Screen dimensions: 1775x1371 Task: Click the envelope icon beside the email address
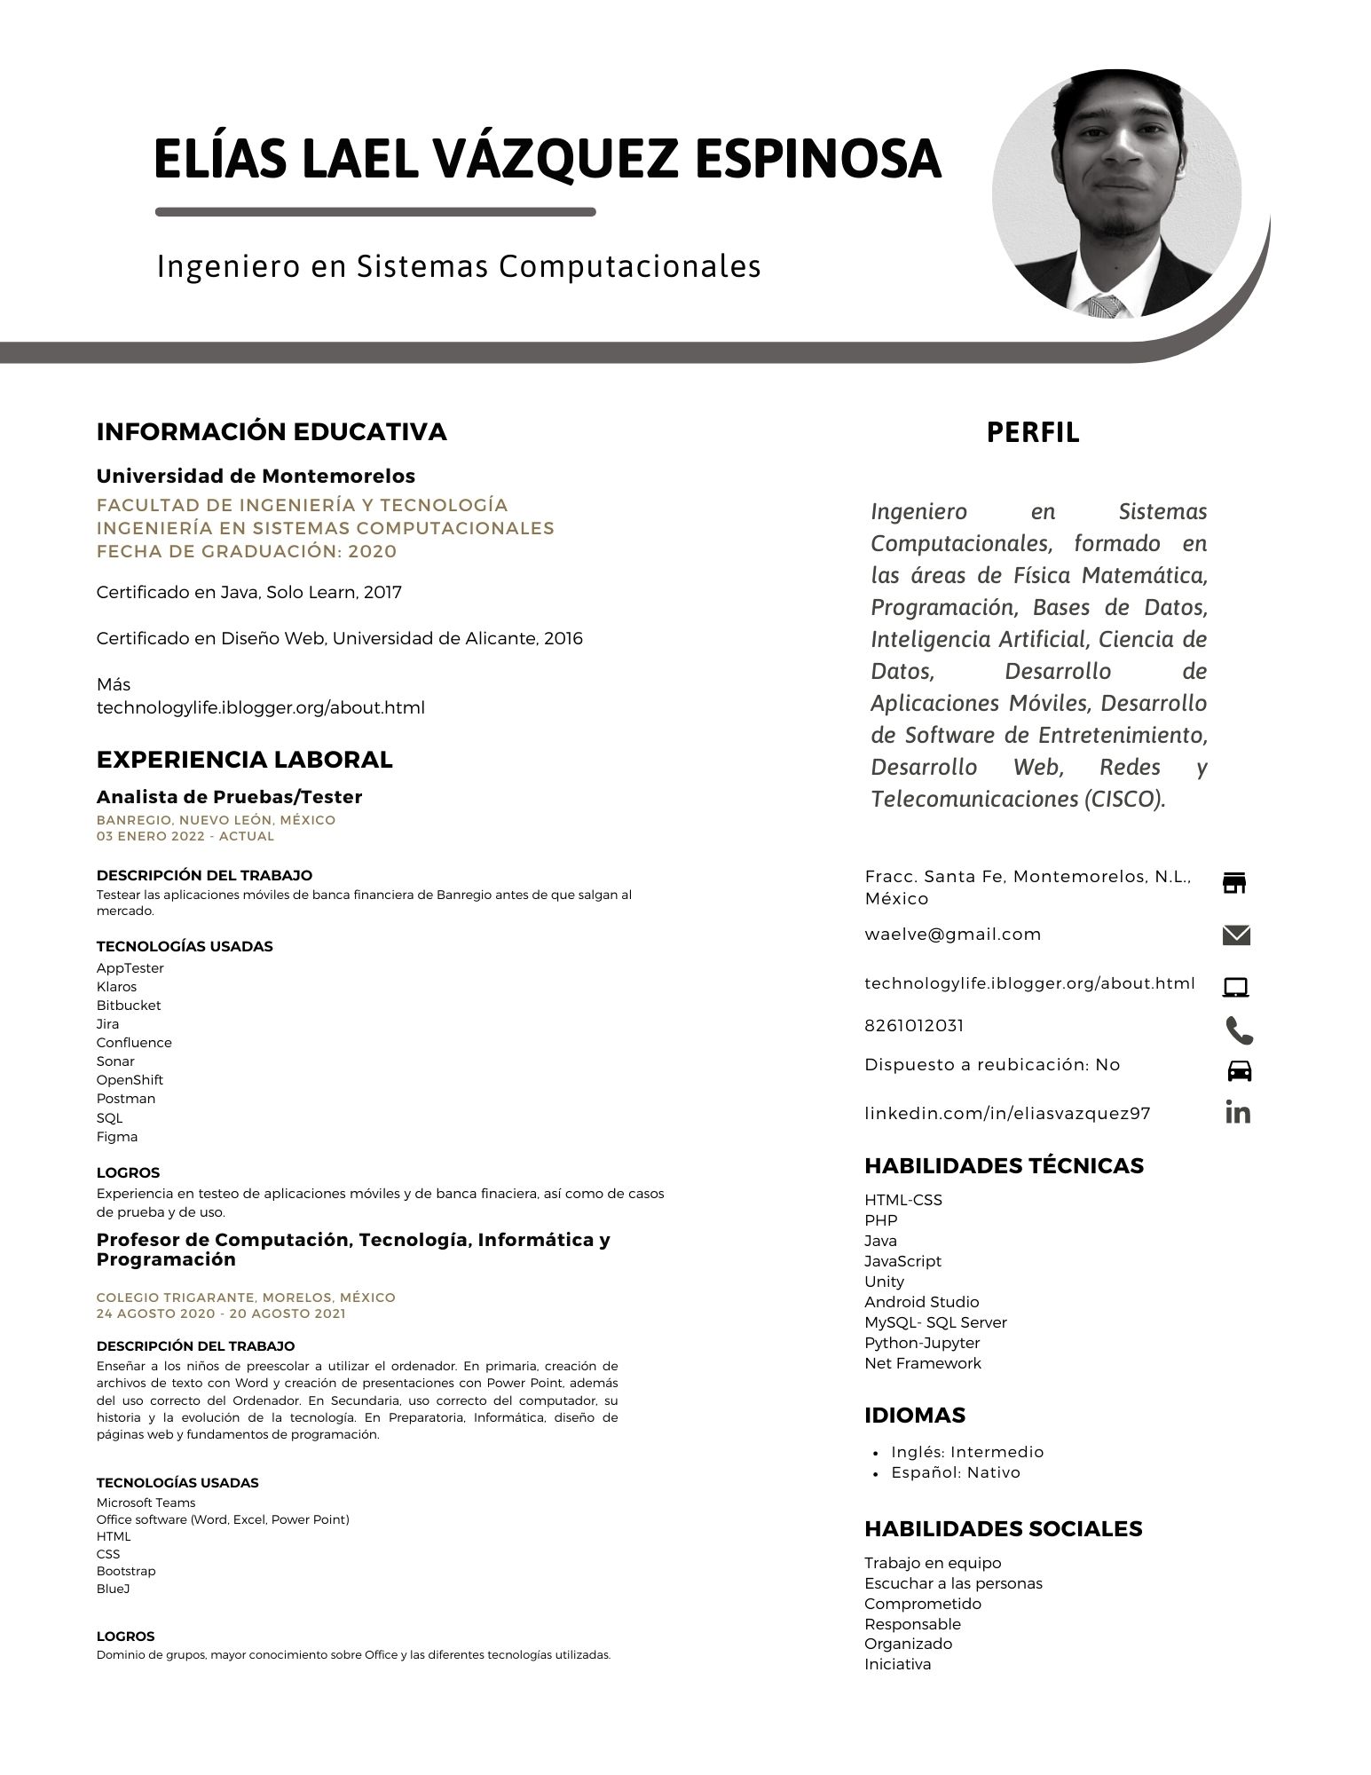pyautogui.click(x=1236, y=935)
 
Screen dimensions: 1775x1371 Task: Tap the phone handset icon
pyautogui.click(x=1239, y=1030)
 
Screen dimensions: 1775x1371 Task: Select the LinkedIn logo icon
pyautogui.click(x=1238, y=1112)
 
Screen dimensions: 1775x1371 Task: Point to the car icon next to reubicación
pyautogui.click(x=1239, y=1070)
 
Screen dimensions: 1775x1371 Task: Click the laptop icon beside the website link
pyautogui.click(x=1236, y=987)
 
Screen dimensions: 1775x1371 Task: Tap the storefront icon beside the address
pyautogui.click(x=1234, y=882)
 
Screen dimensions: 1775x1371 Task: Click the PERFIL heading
pyautogui.click(x=1033, y=433)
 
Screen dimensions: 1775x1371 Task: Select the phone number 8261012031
pyautogui.click(x=914, y=1026)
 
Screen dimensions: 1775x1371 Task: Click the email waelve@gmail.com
pyautogui.click(x=953, y=935)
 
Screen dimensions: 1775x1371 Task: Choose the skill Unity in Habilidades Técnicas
pyautogui.click(x=884, y=1282)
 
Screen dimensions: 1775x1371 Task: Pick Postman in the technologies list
pyautogui.click(x=126, y=1099)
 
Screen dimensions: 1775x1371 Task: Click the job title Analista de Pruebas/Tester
pyautogui.click(x=229, y=797)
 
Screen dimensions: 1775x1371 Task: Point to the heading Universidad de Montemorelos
pyautogui.click(x=256, y=477)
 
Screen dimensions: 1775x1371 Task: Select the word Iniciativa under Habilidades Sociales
pyautogui.click(x=898, y=1664)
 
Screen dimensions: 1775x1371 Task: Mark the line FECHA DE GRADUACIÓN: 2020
pyautogui.click(x=247, y=551)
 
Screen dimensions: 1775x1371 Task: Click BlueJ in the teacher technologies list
pyautogui.click(x=114, y=1589)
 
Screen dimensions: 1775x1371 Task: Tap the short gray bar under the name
pyautogui.click(x=375, y=212)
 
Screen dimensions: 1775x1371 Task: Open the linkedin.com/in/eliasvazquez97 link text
pyautogui.click(x=1007, y=1114)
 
